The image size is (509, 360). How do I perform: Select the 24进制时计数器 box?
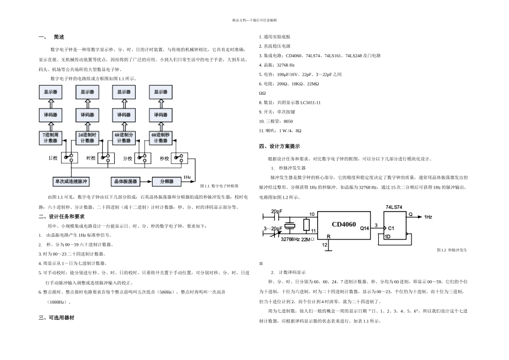click(87, 137)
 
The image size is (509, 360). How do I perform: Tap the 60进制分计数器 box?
click(124, 137)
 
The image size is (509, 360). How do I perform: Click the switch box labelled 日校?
click(69, 158)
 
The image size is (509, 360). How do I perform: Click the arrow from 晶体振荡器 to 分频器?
click(146, 181)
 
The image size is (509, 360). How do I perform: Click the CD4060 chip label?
click(343, 224)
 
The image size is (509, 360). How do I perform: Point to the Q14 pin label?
click(364, 228)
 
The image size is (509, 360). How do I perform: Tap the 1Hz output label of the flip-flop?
click(428, 216)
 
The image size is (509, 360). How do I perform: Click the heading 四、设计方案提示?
click(279, 146)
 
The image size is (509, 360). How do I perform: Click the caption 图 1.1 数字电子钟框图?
click(222, 186)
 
